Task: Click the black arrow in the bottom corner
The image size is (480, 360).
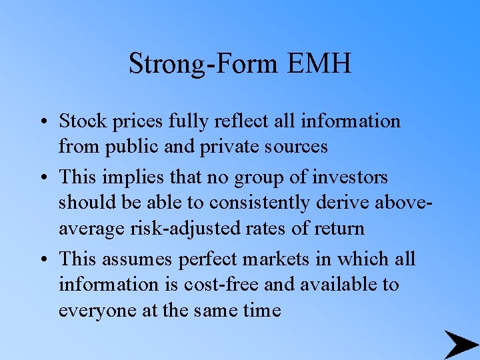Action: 461,344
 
